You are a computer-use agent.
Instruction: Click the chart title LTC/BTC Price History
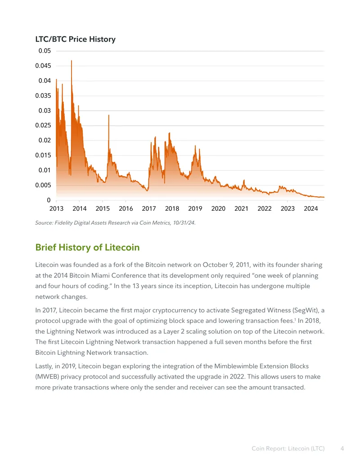[x=76, y=39]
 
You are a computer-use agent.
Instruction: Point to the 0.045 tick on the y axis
[x=43, y=66]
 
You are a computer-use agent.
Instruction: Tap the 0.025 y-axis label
[x=43, y=126]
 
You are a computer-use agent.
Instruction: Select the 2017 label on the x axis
[x=149, y=208]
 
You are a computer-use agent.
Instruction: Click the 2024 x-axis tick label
[x=310, y=208]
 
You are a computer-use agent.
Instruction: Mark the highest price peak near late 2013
[x=71, y=61]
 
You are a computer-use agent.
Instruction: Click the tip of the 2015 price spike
[x=109, y=115]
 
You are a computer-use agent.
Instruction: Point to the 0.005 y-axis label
[x=43, y=185]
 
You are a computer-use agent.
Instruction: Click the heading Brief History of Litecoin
[x=87, y=247]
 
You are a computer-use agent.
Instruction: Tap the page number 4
[x=342, y=448]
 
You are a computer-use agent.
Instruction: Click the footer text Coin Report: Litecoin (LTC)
[x=288, y=448]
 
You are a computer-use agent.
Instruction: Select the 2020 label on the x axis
[x=218, y=208]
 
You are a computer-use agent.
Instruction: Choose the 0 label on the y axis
[x=49, y=200]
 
